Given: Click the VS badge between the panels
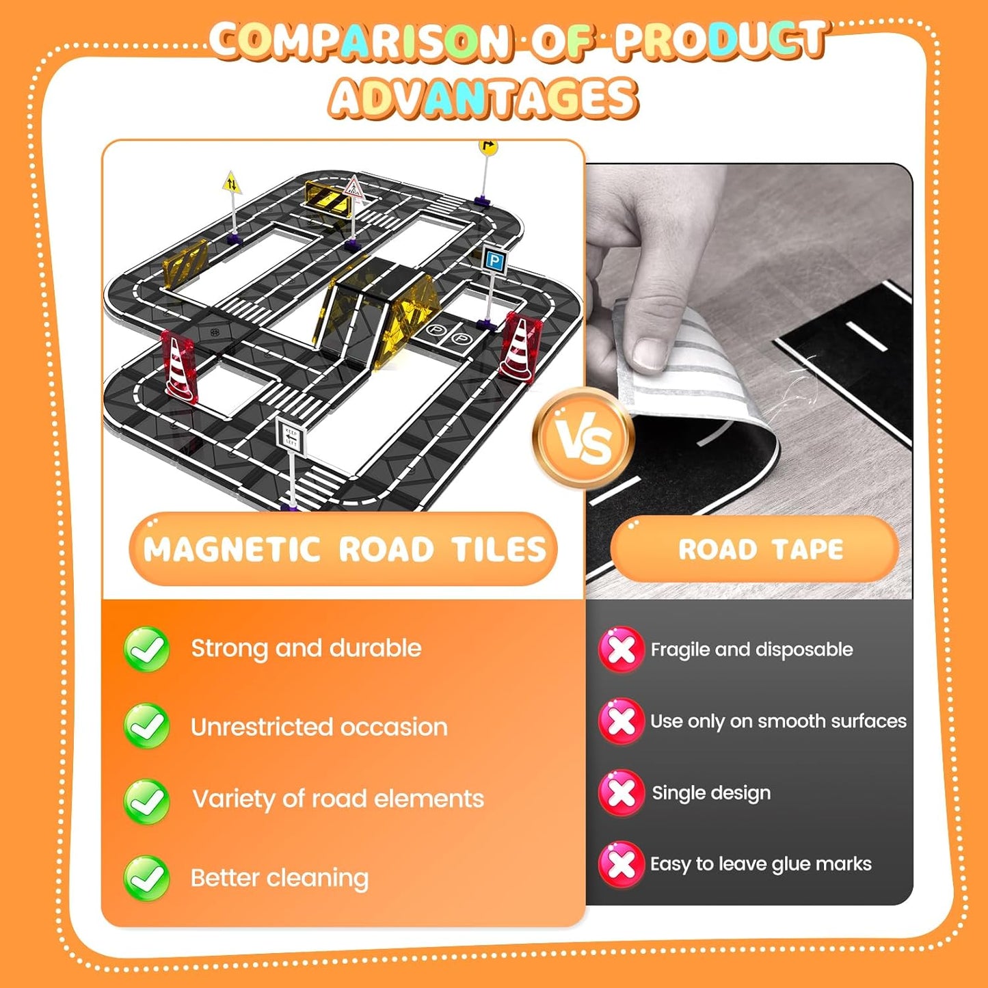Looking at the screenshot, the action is coord(583,439).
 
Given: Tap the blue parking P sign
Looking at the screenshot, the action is coord(494,261).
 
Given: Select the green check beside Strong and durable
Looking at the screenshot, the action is coord(146,649).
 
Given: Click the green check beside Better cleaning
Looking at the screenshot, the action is coord(146,879).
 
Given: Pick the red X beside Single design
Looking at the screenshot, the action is coord(621,792).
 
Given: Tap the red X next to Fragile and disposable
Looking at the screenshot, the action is coord(621,649).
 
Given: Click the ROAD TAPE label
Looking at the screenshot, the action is coord(761,549).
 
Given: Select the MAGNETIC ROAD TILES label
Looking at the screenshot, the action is coord(345,549).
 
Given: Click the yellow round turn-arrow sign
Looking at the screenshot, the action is coord(488,146).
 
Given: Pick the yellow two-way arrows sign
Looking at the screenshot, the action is coord(232,183).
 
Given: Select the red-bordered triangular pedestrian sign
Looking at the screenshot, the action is coord(353,188).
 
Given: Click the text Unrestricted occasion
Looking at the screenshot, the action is coord(319,727).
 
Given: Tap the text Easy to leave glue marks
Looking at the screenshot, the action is coord(761,864).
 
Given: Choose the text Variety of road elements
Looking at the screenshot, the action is coord(338,799).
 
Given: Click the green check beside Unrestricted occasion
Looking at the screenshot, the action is coord(146,725).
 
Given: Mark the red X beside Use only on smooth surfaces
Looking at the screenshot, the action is coord(621,721).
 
